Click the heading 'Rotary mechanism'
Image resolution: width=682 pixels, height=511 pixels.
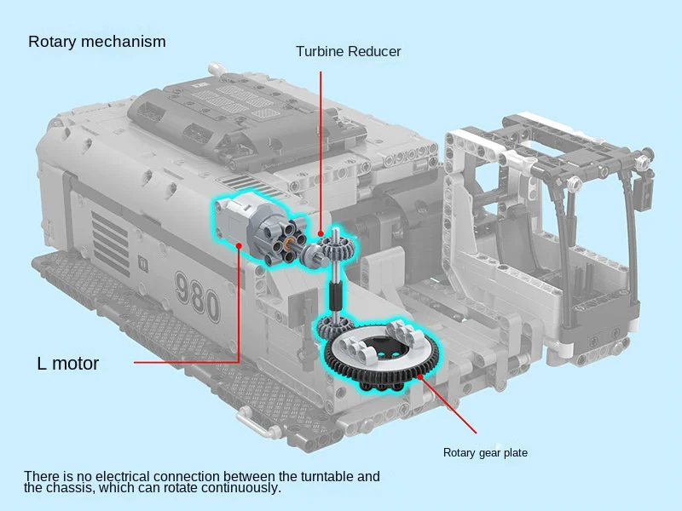(96, 42)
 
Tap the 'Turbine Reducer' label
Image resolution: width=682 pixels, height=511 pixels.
(348, 52)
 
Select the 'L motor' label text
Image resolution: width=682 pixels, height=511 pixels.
(68, 364)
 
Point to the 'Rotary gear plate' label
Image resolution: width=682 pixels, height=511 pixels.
(485, 453)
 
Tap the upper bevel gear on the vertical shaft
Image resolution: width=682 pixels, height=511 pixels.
(340, 252)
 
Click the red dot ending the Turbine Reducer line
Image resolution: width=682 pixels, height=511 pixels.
(321, 233)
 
